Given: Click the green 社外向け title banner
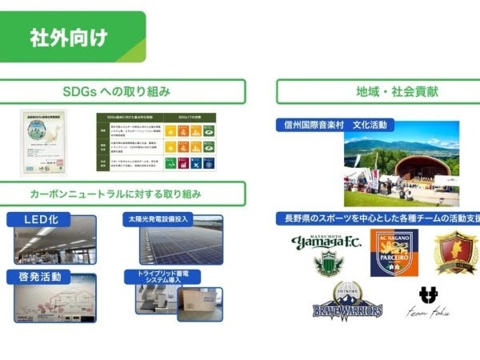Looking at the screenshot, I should [72, 37].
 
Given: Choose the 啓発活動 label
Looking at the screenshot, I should [40, 277].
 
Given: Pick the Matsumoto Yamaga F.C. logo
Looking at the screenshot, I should [326, 252].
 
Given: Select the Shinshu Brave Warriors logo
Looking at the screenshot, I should [346, 302].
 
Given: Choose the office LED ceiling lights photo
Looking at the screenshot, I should [54, 245].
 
